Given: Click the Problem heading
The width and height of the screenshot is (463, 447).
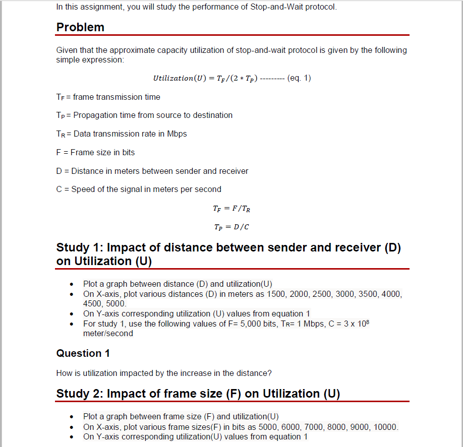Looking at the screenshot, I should tap(80, 27).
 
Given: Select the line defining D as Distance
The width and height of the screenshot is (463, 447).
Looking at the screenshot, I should tap(152, 171).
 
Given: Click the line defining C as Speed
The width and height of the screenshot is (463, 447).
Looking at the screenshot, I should tap(139, 189).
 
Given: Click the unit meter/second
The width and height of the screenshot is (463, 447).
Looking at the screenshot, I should tap(108, 333).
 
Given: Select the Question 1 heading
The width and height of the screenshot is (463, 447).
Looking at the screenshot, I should tap(83, 353).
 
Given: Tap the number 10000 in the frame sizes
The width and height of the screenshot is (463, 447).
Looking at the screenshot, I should tap(386, 427).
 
